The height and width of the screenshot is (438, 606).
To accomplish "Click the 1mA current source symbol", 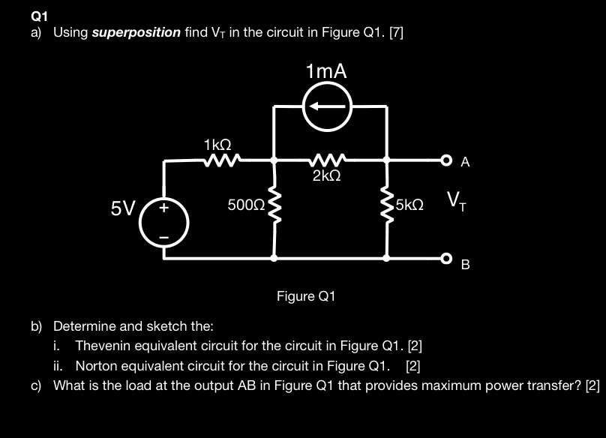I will point(326,106).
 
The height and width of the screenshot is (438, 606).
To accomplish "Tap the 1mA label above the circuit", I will point(327,72).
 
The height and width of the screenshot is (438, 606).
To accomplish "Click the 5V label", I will point(122,208).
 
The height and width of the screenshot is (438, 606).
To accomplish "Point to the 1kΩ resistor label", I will point(217,143).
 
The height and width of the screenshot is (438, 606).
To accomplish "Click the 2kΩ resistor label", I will point(327,176).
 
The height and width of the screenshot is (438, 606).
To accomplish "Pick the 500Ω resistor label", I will point(246,204).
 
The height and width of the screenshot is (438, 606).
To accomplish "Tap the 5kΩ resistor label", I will point(410,204).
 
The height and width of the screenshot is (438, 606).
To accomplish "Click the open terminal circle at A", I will point(446,160).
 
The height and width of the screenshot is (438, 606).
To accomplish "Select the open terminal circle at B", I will point(446,258).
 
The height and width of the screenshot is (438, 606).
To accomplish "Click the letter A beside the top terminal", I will point(466,162).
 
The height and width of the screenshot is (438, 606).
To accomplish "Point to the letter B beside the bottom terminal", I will point(465,265).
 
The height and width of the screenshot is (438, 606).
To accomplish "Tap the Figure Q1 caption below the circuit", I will point(306,296).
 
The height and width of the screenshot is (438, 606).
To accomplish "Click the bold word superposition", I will point(136,32).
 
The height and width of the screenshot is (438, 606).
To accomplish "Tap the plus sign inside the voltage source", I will point(163,210).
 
